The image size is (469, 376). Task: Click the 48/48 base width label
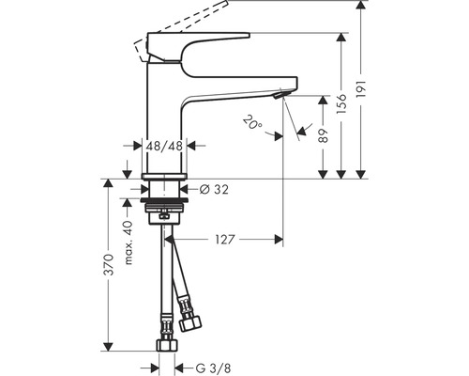click(165, 146)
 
